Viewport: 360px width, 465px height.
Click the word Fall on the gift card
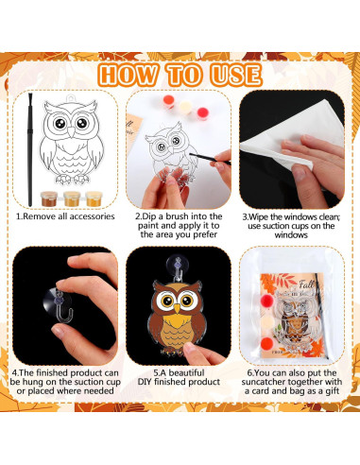pos(297,280)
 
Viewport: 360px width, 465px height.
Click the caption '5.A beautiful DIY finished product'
pos(180,378)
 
